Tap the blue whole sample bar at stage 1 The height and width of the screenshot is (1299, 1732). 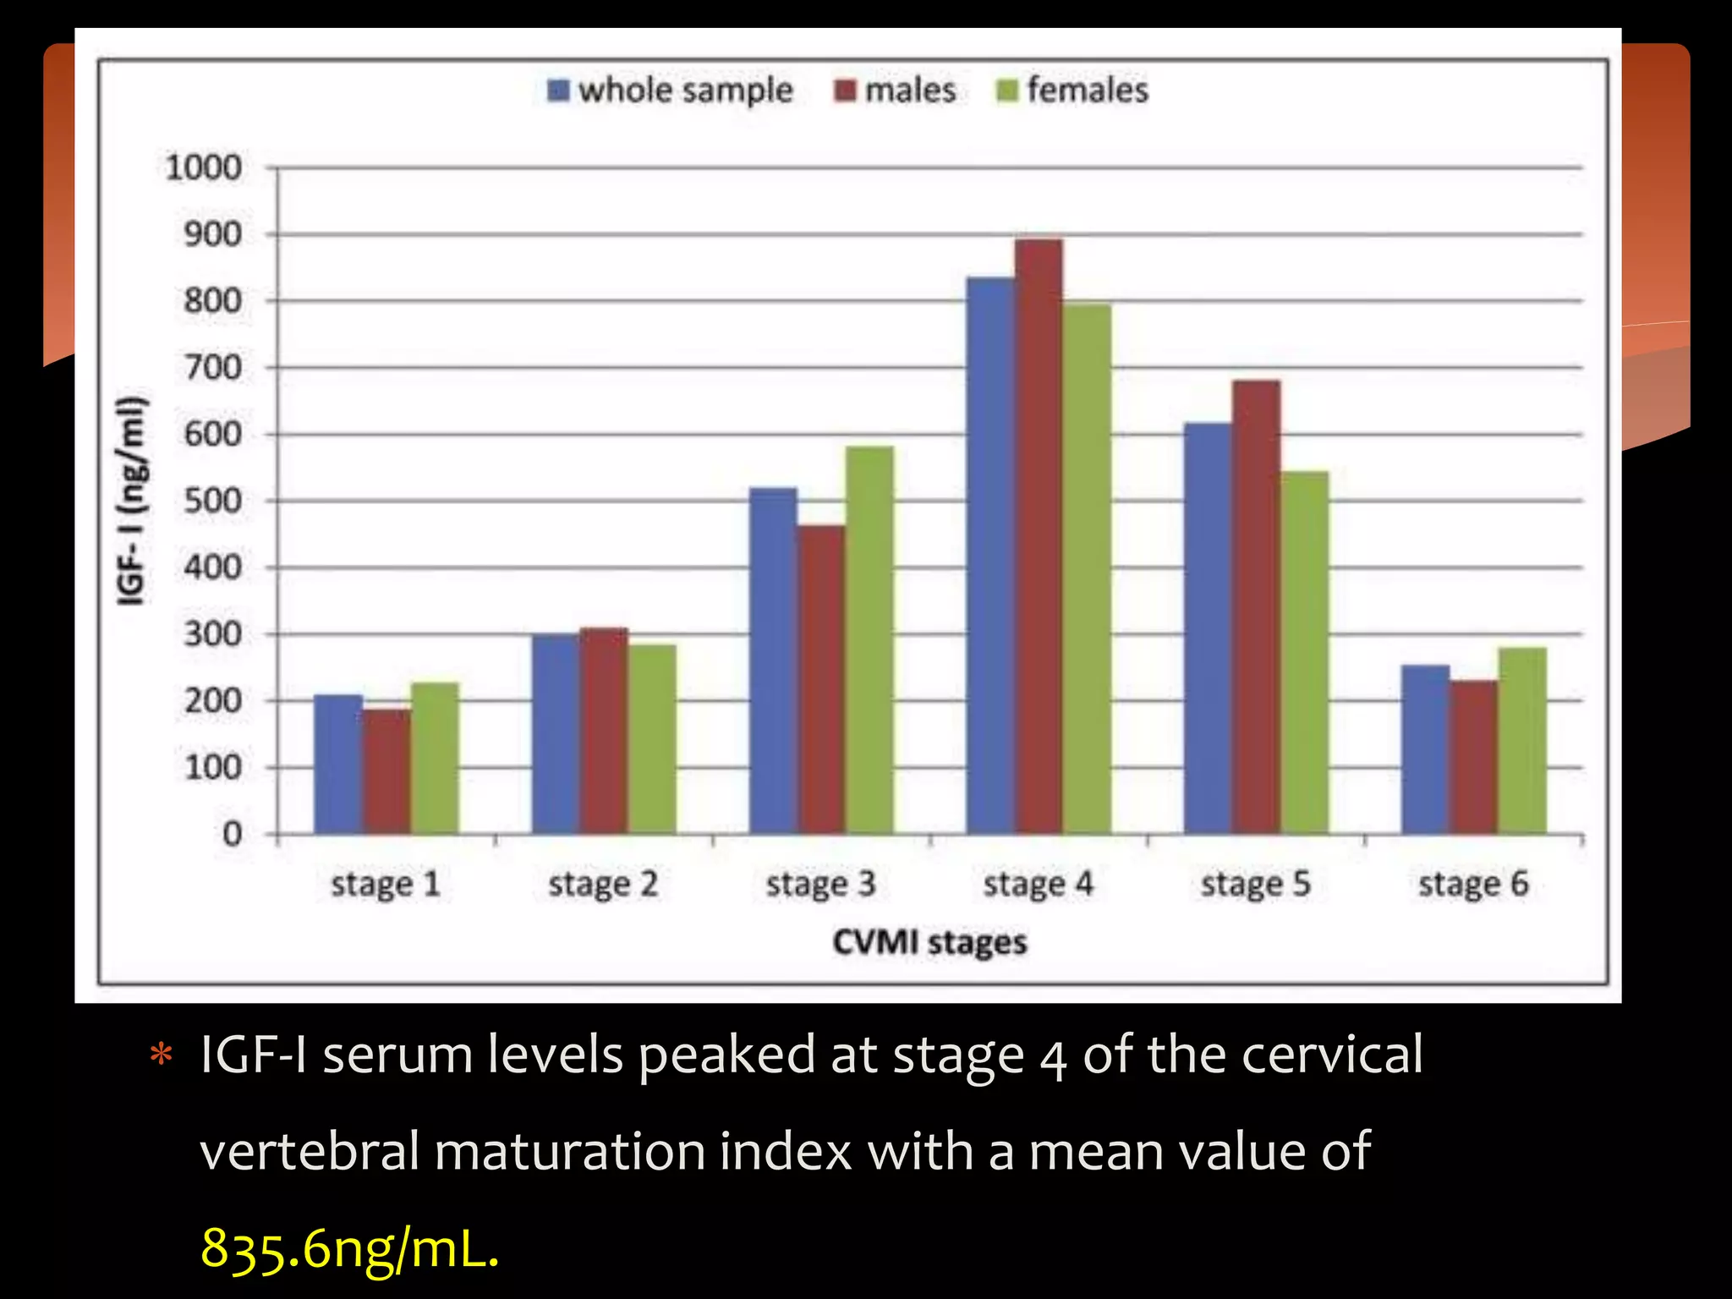[338, 765]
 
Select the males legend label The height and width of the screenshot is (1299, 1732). [910, 90]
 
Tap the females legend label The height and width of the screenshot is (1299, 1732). [1088, 90]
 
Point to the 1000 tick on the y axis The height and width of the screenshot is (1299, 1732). [204, 167]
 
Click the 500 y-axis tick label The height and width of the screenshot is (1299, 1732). [212, 501]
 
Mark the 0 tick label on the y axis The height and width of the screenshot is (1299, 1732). [232, 835]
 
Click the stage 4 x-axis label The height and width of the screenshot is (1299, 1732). [1038, 885]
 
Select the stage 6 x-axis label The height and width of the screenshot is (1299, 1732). [1473, 885]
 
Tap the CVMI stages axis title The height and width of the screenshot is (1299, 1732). [929, 942]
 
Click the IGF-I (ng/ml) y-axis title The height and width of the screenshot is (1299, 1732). [133, 501]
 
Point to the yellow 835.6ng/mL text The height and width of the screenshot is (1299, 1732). [349, 1248]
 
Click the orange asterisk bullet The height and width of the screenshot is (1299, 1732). [161, 1055]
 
